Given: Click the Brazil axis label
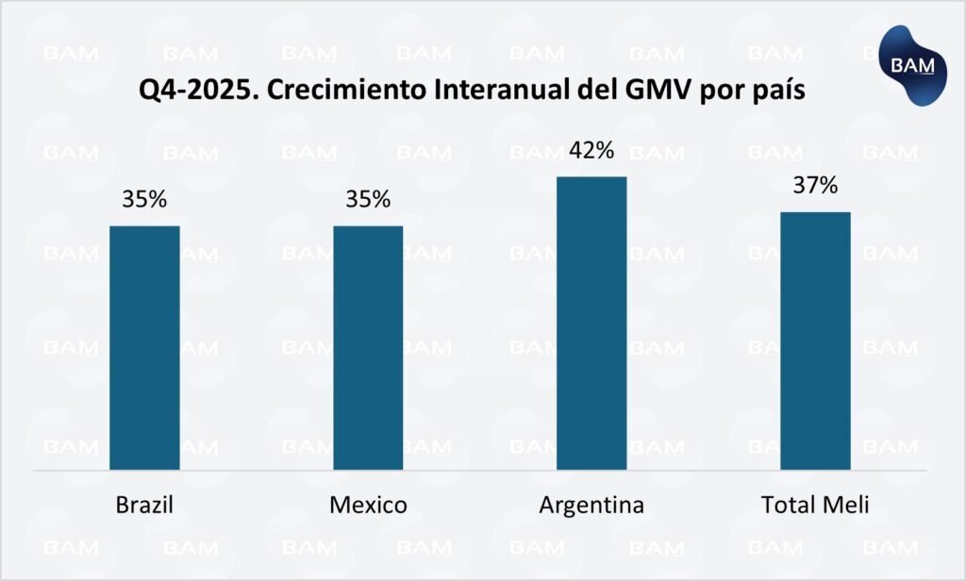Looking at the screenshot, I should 144,506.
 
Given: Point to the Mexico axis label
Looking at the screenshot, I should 368,506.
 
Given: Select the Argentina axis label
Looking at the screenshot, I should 591,506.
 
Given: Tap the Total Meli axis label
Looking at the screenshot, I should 815,506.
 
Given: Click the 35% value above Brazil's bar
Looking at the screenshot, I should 144,200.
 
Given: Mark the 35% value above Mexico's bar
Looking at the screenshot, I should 368,200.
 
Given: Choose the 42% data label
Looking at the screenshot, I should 591,151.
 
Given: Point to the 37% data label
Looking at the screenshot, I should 815,186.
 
